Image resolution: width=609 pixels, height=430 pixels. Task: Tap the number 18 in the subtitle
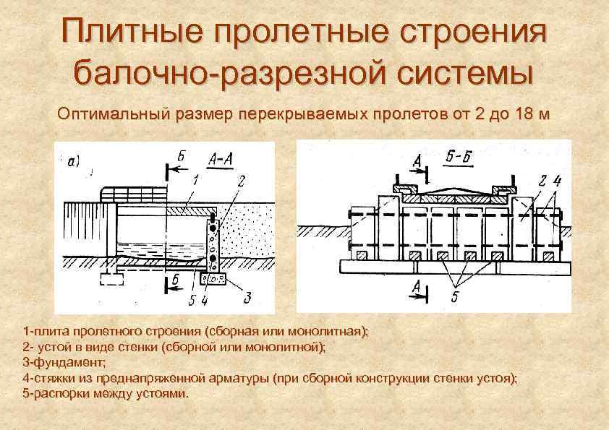click(518, 114)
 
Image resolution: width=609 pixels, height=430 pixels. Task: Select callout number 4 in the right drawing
click(557, 181)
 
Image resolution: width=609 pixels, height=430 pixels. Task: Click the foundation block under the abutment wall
click(218, 277)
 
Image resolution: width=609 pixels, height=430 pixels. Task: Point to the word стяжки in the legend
click(53, 377)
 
